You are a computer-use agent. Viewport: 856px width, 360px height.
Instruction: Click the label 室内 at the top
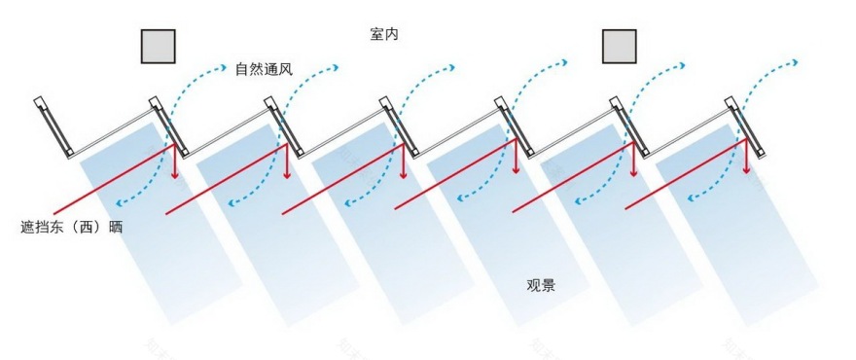pos(384,34)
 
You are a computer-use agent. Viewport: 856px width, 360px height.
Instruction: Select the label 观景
pos(541,285)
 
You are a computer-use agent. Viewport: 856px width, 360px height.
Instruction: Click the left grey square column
pos(159,46)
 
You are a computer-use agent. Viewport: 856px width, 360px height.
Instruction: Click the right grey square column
pos(619,46)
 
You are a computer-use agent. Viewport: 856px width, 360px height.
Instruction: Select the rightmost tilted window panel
pos(748,126)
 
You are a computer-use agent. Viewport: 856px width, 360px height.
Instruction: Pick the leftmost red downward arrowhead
pos(176,174)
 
